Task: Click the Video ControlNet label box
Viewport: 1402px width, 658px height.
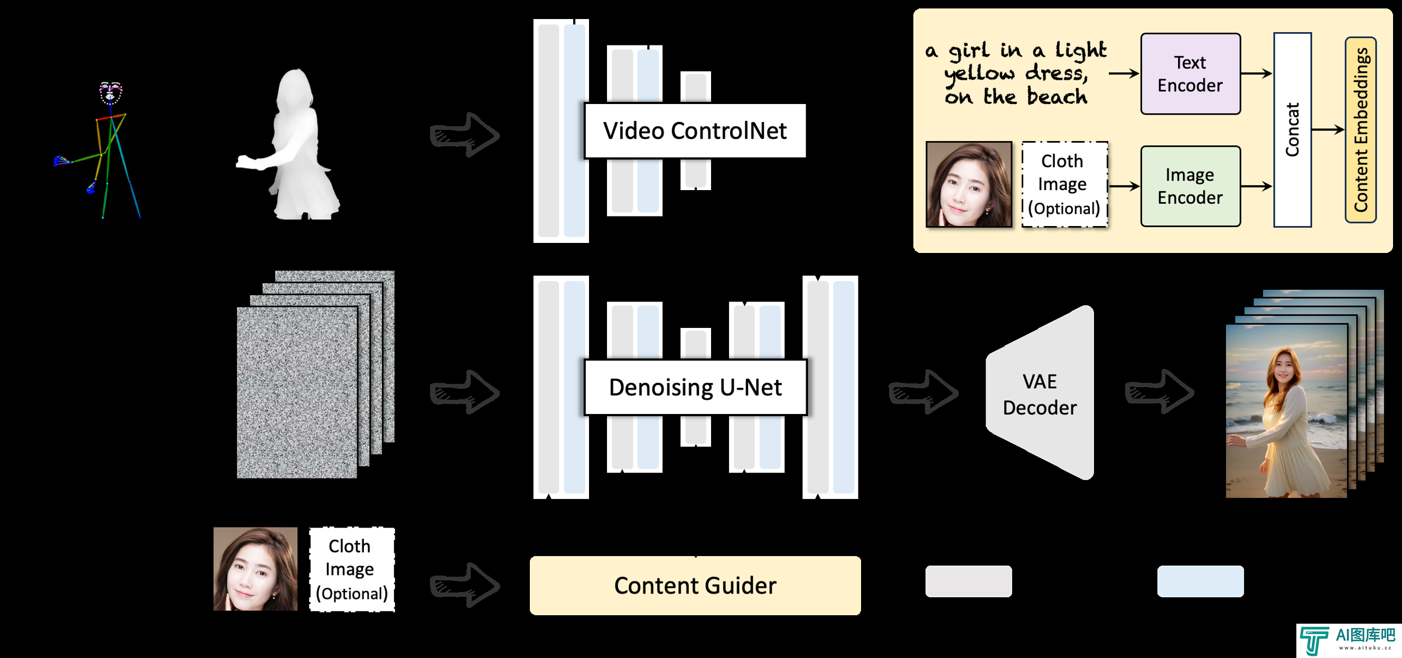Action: [695, 130]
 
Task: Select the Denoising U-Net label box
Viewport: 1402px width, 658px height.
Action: [695, 388]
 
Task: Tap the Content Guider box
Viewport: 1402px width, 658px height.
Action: [695, 586]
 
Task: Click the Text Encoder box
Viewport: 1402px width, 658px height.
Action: [1190, 74]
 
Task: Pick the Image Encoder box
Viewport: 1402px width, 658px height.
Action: [1190, 186]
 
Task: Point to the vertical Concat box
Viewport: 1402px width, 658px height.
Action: [1292, 129]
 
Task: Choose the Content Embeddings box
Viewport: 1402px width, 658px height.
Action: [1361, 129]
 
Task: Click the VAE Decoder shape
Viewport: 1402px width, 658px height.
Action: [1040, 393]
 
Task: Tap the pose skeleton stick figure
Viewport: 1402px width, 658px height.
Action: [98, 150]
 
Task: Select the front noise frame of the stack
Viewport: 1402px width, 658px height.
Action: [297, 393]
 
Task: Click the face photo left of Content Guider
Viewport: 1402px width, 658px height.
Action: [255, 569]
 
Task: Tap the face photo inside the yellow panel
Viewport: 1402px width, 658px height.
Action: [969, 184]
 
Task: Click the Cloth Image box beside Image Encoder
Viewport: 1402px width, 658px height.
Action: [1064, 184]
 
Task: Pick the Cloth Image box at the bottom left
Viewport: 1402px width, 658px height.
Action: [352, 569]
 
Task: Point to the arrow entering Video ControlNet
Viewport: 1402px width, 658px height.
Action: [464, 135]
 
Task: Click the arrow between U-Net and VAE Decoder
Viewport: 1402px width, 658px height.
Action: [923, 392]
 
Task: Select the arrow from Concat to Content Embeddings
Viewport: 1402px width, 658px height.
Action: [1328, 129]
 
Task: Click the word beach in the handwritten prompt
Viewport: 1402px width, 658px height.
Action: [1057, 96]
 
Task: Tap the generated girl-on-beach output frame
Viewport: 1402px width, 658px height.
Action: [1287, 411]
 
